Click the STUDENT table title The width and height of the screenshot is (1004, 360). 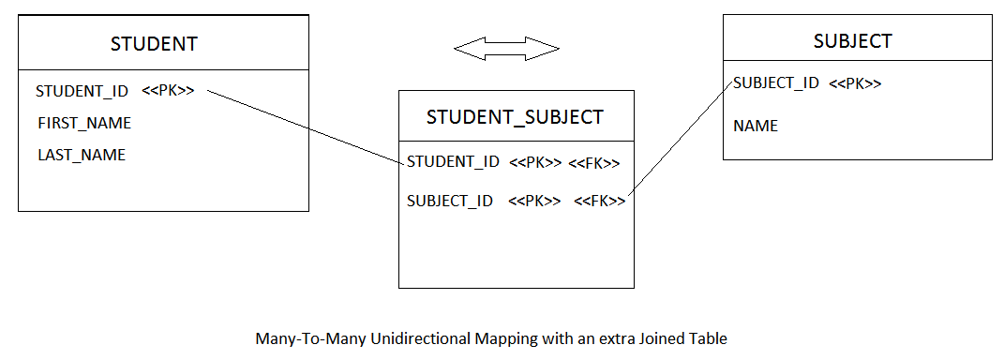(154, 43)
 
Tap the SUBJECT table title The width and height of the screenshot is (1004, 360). (852, 41)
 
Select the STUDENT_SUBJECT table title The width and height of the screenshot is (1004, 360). (515, 117)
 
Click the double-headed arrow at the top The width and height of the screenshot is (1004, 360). (506, 48)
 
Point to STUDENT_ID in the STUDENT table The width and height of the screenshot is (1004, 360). (82, 92)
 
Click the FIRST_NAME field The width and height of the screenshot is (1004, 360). (84, 123)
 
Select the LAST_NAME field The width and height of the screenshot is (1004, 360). (82, 155)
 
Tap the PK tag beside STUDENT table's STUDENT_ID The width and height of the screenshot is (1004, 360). (169, 91)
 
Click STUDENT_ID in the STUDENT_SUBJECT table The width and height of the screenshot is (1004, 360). (453, 162)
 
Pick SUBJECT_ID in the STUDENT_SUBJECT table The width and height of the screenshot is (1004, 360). (450, 201)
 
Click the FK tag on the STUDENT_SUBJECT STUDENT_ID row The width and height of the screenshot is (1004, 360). (593, 163)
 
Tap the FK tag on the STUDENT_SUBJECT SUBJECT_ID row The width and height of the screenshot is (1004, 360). (599, 201)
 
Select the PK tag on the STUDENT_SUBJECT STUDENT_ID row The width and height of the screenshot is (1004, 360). (535, 163)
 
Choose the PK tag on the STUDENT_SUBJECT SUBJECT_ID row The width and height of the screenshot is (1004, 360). (534, 201)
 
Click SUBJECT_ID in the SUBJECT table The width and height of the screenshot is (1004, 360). (776, 82)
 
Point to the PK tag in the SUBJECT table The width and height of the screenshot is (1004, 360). (855, 83)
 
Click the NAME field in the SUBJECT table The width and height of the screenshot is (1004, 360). (756, 126)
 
